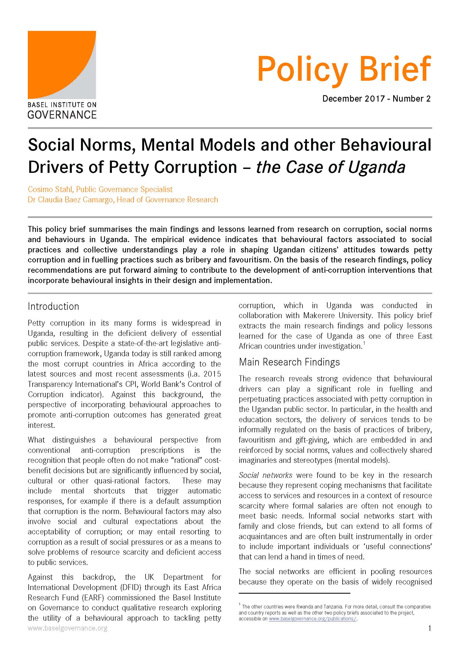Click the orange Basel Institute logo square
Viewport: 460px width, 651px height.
click(62, 65)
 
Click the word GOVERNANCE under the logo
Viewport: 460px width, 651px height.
click(62, 115)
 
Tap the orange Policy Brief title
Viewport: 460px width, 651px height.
click(344, 70)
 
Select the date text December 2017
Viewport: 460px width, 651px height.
click(353, 99)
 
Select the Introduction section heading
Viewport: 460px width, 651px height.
click(53, 306)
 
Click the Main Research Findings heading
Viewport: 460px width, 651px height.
click(289, 362)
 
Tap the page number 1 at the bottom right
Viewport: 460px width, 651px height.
click(430, 628)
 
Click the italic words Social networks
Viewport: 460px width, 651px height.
click(265, 475)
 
